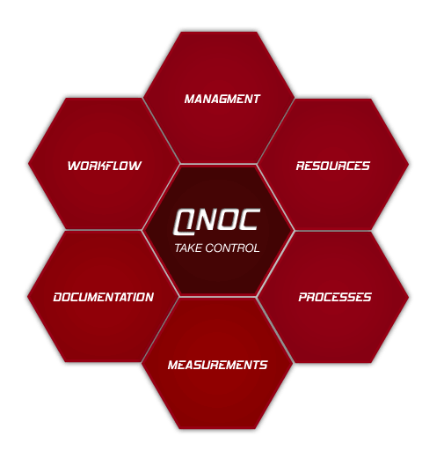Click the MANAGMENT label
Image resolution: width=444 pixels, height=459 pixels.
pos(222,99)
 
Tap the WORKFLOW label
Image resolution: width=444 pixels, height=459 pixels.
pos(105,166)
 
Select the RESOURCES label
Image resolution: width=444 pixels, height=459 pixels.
pos(333,166)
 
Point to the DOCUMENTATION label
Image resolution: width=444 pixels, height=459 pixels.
pos(104,297)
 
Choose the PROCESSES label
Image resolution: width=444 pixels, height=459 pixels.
pos(335,297)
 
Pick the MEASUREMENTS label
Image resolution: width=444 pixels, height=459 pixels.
pos(217,365)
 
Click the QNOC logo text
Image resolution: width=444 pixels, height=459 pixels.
pos(217,221)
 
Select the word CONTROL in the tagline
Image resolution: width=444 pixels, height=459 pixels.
pos(232,248)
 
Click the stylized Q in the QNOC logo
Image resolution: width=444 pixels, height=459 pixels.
pos(185,222)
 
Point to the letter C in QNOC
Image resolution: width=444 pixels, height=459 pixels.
pos(249,219)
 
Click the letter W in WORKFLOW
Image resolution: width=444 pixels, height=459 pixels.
pos(74,166)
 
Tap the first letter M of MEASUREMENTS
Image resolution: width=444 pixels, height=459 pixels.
pos(174,365)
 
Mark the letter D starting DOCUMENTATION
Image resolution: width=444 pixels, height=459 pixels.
pos(58,297)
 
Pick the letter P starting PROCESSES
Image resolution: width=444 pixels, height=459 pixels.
pos(303,297)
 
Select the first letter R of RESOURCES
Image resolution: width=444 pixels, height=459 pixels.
pos(301,166)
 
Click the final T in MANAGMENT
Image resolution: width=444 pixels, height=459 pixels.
pos(256,99)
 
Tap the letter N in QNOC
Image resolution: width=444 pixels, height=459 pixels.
pos(207,219)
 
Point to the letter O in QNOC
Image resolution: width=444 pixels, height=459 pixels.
pos(227,219)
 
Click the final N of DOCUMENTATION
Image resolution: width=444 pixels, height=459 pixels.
pos(149,297)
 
